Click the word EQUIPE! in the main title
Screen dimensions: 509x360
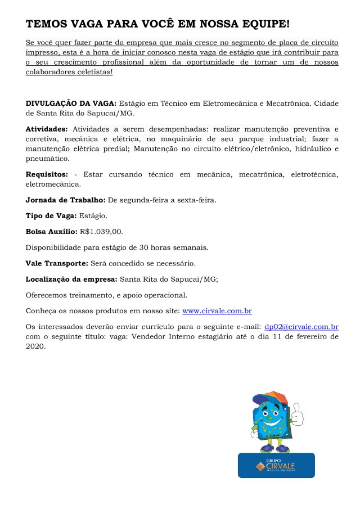pos(264,24)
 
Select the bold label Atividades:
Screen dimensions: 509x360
pos(47,129)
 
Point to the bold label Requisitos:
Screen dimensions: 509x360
pos(47,174)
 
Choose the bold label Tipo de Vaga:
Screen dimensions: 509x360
pos(52,215)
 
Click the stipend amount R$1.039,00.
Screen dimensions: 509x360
pos(101,231)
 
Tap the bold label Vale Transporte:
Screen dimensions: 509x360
pos(57,263)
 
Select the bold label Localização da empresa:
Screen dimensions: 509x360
pos(71,278)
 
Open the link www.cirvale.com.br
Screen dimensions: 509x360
pos(217,310)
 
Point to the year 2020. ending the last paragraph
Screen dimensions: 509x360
pos(35,346)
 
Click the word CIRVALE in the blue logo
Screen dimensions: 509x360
pos(280,466)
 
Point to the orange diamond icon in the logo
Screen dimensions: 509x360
pos(259,466)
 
